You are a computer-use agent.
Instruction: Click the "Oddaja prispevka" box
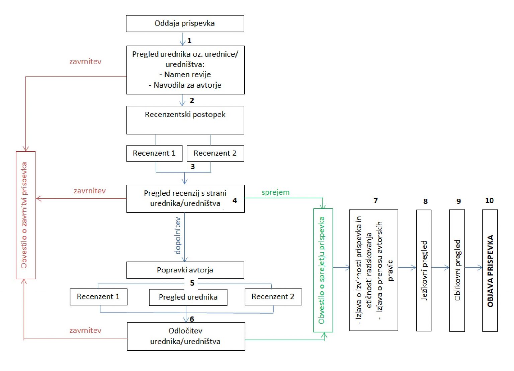click(x=185, y=23)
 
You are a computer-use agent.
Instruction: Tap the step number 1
click(x=189, y=40)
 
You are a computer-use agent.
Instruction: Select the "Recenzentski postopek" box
click(x=185, y=120)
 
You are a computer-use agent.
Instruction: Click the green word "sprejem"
click(x=275, y=192)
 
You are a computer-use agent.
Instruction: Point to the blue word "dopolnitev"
click(x=178, y=236)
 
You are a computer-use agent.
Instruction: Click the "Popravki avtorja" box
click(x=185, y=270)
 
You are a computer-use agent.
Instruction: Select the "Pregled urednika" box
click(x=188, y=297)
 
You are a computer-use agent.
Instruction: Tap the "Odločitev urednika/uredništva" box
click(x=186, y=336)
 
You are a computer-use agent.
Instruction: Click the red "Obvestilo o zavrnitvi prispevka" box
click(x=25, y=215)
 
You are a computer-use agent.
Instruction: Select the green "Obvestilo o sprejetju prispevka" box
click(x=323, y=270)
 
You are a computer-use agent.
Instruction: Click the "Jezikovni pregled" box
click(x=424, y=270)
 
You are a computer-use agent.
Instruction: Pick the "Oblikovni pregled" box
click(x=457, y=270)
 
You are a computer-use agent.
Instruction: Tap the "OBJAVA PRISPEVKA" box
click(x=490, y=270)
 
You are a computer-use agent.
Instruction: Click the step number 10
click(x=489, y=200)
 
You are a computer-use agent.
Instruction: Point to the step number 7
click(x=376, y=200)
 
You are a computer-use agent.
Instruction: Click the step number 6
click(x=192, y=319)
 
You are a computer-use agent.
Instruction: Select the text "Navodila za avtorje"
click(x=187, y=85)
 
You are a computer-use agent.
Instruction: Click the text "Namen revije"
click(x=187, y=74)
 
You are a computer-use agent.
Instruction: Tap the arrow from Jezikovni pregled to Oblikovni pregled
click(x=440, y=267)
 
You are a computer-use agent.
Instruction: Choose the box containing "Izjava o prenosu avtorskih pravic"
click(x=373, y=270)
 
